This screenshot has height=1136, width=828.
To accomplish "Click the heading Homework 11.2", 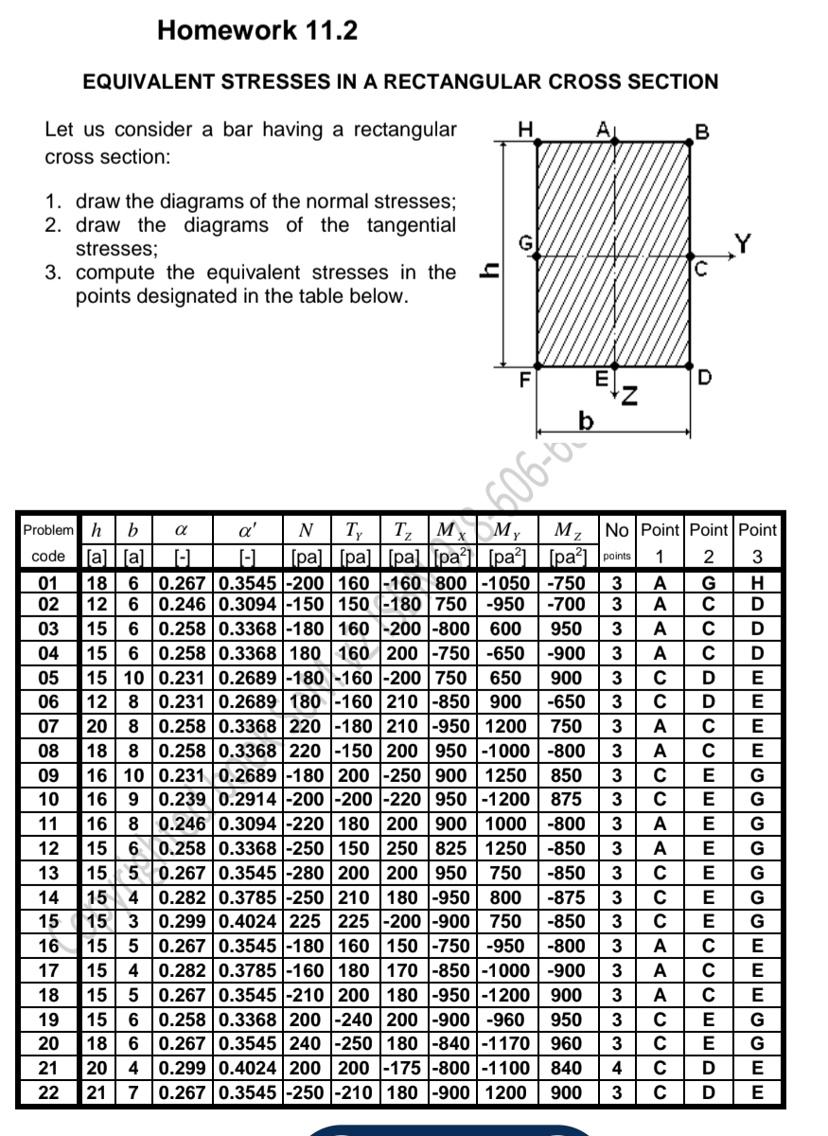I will [257, 31].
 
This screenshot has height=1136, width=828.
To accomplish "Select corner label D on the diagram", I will [702, 381].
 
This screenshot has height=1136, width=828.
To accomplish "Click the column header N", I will [306, 530].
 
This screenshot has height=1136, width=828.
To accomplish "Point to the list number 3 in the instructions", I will [54, 273].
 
